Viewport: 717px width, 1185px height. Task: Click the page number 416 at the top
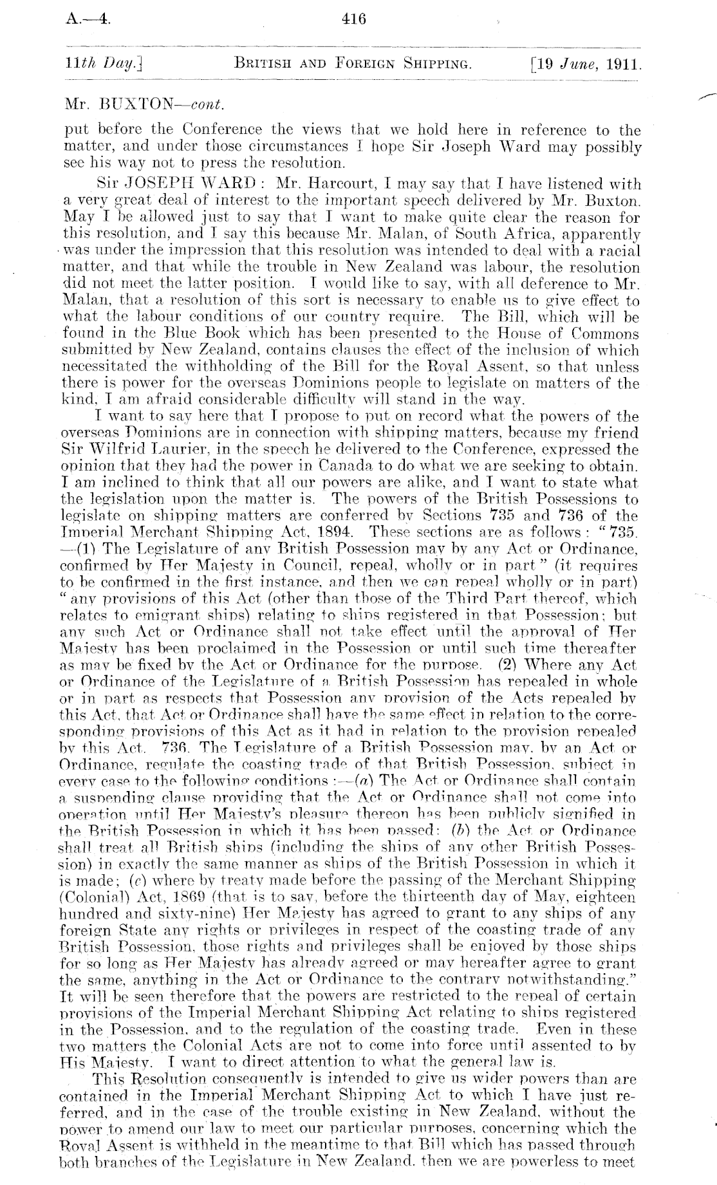pyautogui.click(x=355, y=19)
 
